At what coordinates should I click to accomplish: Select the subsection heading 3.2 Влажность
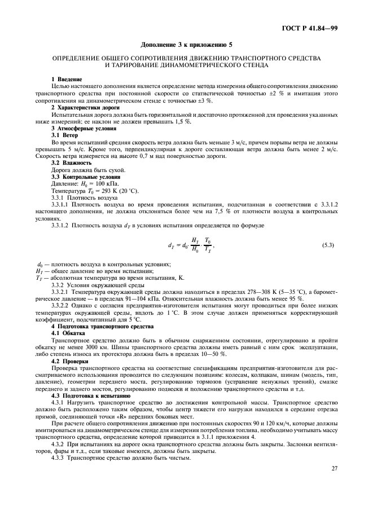(x=72, y=162)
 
